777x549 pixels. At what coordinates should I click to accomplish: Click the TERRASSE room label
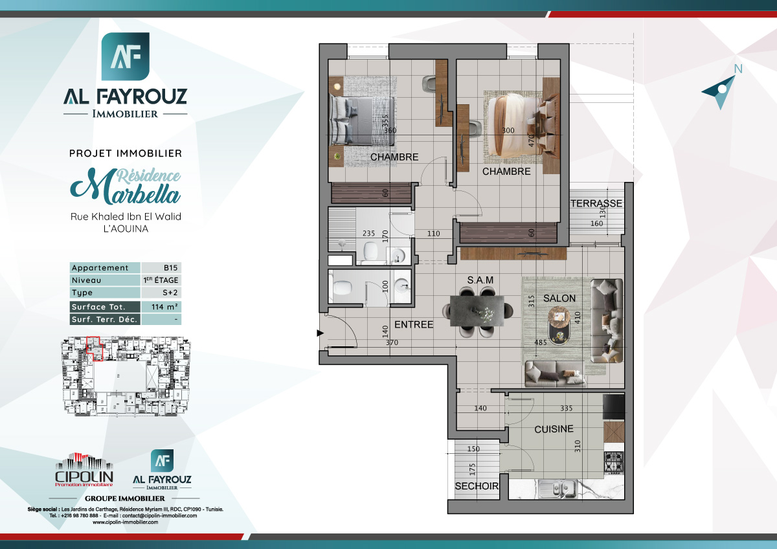(x=596, y=203)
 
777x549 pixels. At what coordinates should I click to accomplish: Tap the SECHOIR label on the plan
(x=477, y=486)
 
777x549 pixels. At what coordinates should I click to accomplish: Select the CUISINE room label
(x=554, y=429)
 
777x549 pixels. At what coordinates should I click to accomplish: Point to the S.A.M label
(x=480, y=280)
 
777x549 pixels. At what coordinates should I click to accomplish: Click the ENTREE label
(x=413, y=324)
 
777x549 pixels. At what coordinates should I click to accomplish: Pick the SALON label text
(x=559, y=298)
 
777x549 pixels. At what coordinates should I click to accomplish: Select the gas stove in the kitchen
(x=613, y=461)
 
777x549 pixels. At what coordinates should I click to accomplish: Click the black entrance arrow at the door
(x=319, y=333)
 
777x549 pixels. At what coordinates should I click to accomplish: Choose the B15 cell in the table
(x=161, y=268)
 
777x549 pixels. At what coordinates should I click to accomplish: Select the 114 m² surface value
(x=161, y=307)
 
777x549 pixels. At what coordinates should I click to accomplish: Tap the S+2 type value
(x=161, y=293)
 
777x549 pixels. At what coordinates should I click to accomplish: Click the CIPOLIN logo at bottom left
(x=84, y=471)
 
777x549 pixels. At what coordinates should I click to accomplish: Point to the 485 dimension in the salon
(x=541, y=342)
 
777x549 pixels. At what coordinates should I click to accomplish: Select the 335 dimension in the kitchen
(x=567, y=409)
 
